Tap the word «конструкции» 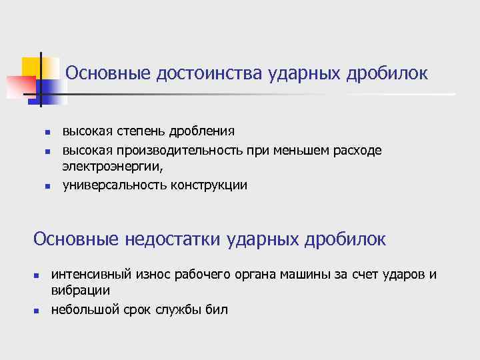pyautogui.click(x=208, y=185)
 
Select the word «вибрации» pyautogui.click(x=81, y=291)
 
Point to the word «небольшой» pyautogui.click(x=84, y=309)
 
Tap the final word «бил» pyautogui.click(x=217, y=309)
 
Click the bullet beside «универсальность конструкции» pyautogui.click(x=47, y=186)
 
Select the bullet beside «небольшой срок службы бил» pyautogui.click(x=37, y=311)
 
